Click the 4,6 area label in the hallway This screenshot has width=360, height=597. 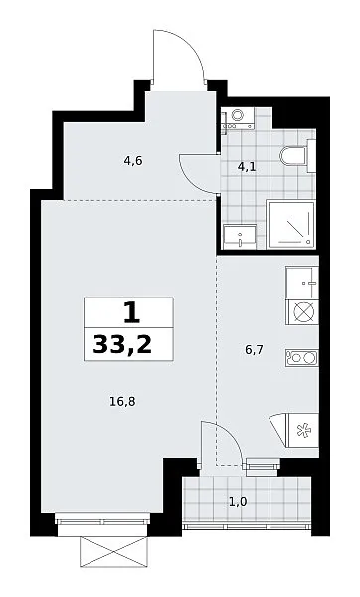133,161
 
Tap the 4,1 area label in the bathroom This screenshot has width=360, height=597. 247,167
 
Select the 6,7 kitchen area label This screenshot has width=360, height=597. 254,349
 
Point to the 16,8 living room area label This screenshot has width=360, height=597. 122,401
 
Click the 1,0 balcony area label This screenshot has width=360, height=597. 238,502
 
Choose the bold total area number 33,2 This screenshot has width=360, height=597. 122,345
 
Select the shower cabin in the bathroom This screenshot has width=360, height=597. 290,224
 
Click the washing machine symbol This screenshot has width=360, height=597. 238,118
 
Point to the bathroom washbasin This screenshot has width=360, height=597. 240,237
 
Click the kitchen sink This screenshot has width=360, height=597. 301,283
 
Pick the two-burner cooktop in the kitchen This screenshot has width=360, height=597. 301,358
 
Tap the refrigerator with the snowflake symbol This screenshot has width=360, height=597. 302,430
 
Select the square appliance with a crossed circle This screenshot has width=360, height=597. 302,311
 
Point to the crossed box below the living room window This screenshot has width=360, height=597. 113,551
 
